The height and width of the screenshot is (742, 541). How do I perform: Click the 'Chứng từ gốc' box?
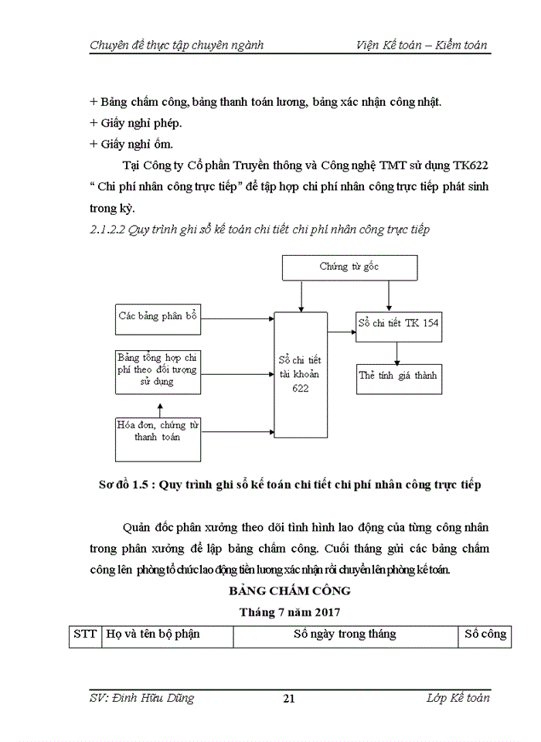coord(349,267)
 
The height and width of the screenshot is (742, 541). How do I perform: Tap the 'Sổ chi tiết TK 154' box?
coord(398,323)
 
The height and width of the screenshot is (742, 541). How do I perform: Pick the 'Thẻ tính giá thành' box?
coord(398,376)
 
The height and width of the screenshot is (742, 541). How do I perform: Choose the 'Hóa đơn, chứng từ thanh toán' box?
coord(158,431)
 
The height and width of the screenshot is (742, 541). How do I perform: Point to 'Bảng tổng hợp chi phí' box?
coord(157,369)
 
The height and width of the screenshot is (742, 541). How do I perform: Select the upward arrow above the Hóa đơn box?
coord(159,404)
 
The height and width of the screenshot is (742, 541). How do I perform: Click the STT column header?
coord(85,634)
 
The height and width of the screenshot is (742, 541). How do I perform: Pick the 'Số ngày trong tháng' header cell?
coord(345,634)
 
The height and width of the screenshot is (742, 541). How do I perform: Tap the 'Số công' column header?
coord(485,634)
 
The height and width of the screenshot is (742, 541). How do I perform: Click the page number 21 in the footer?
coord(289,699)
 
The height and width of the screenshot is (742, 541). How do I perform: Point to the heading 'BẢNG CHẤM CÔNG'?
coord(289,591)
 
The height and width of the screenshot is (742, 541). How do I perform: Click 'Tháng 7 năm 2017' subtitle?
coord(289,611)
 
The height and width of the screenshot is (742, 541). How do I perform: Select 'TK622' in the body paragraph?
coord(469,165)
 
